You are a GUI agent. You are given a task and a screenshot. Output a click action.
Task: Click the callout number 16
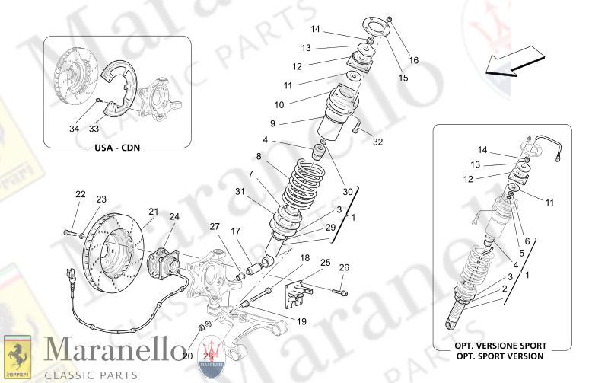414,60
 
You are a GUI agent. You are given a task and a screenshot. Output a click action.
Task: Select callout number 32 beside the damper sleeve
378,142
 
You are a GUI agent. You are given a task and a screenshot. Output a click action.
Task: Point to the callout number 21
153,211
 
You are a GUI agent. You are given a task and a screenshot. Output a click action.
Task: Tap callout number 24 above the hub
174,217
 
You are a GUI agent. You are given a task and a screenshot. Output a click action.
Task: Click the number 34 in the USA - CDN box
74,129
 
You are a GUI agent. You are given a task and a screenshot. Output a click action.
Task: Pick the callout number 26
344,267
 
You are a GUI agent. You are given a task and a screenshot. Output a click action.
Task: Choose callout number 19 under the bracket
301,321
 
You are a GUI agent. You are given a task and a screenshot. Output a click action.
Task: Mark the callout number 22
81,194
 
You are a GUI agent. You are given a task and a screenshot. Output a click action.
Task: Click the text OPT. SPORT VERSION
500,356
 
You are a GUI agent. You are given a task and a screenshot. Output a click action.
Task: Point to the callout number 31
240,191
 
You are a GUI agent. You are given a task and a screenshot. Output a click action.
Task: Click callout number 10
279,104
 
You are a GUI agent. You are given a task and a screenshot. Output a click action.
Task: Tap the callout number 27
215,226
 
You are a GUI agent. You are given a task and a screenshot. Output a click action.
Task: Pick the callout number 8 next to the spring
259,156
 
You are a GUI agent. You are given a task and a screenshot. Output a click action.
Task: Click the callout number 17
236,231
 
